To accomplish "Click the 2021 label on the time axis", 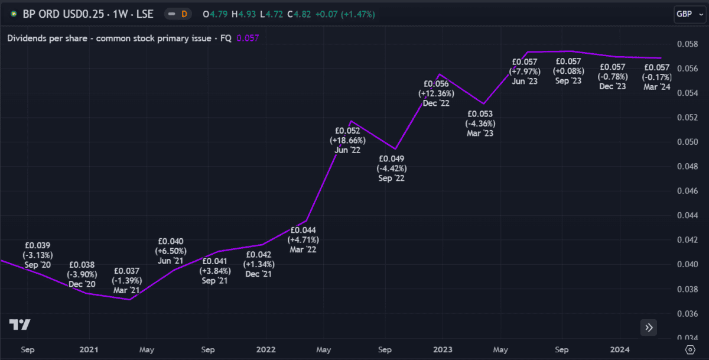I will click(x=89, y=349).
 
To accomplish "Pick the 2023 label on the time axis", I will click(x=443, y=349).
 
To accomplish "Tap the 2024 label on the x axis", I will click(x=619, y=349).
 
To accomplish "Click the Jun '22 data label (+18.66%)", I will click(x=347, y=141).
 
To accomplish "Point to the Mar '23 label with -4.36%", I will click(x=480, y=124).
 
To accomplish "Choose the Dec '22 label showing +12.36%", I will click(x=436, y=93).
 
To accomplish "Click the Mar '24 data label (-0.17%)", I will click(x=656, y=77).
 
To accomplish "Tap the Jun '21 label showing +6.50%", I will click(x=170, y=251).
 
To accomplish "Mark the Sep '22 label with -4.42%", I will click(x=392, y=168).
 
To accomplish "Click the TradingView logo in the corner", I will click(x=19, y=325).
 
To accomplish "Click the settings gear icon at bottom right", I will click(x=690, y=349).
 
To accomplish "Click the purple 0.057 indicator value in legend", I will click(x=248, y=38).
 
